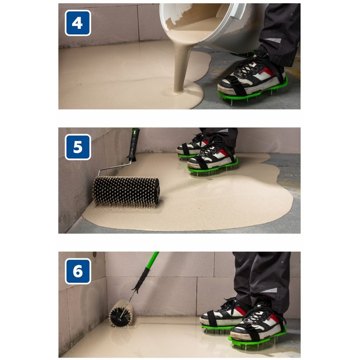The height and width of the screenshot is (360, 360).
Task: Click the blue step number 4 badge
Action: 78,23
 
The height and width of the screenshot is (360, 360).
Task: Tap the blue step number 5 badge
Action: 78,147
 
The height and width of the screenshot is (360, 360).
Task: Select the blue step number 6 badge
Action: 78,271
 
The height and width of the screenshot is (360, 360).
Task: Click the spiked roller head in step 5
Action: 126,191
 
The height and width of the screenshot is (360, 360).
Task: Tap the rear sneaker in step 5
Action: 192,145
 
